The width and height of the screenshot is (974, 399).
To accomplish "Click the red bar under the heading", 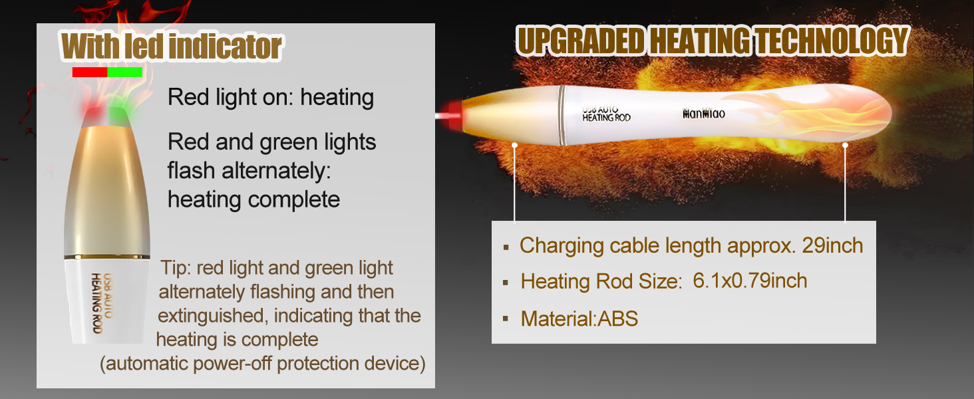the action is (x=90, y=72).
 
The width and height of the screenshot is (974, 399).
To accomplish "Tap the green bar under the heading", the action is (x=125, y=72).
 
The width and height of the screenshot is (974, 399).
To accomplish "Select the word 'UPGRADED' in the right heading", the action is (x=581, y=41).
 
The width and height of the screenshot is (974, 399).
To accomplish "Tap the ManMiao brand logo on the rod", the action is (x=703, y=114).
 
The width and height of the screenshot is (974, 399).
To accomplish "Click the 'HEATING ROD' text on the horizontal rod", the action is (x=606, y=117).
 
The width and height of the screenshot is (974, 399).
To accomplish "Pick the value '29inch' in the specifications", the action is (x=832, y=245).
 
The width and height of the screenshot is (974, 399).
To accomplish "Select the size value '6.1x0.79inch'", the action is (x=750, y=281).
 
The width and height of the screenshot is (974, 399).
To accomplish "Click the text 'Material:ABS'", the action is (x=579, y=319).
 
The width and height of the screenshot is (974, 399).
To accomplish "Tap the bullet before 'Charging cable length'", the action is (x=506, y=248).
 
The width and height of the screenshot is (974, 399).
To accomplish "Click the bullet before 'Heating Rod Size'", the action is (x=506, y=283).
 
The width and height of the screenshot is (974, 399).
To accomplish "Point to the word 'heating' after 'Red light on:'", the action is (x=337, y=98).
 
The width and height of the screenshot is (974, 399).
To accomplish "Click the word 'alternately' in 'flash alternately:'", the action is (x=276, y=170).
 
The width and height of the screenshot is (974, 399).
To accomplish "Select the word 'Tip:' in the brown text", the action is (x=176, y=268).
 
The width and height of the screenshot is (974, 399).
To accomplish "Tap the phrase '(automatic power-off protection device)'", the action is (x=263, y=363).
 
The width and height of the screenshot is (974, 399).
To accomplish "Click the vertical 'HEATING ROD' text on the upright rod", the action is (x=96, y=303).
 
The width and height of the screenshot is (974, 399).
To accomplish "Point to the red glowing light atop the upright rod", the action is (x=92, y=110).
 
